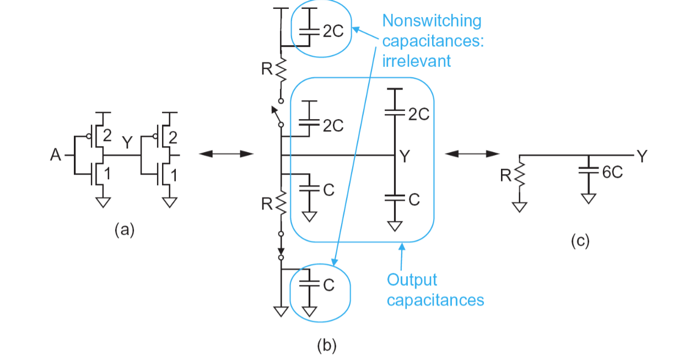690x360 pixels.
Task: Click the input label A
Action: coord(56,155)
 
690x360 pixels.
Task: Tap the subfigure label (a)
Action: coord(125,230)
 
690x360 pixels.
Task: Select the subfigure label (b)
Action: coord(327,345)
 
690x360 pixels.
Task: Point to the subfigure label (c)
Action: coord(580,241)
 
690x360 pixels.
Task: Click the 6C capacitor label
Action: coord(612,173)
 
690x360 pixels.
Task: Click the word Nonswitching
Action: coord(432,22)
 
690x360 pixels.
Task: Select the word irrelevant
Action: coord(417,61)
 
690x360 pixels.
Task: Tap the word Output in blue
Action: coord(412,281)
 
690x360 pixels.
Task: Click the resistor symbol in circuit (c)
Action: coord(520,175)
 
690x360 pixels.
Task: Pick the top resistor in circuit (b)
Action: coord(281,69)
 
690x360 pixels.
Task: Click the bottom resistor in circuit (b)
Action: coord(281,203)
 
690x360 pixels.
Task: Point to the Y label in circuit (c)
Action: coord(643,156)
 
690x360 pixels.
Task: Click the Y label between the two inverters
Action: coord(127,142)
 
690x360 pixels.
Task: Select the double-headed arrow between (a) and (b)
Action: coord(227,153)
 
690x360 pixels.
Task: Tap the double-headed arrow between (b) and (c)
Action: coord(472,153)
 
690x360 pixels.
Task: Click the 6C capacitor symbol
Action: coord(589,170)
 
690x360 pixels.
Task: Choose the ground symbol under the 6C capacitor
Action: coord(589,198)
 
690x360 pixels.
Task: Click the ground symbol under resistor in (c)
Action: coord(520,207)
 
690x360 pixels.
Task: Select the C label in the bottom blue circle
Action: coord(329,286)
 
